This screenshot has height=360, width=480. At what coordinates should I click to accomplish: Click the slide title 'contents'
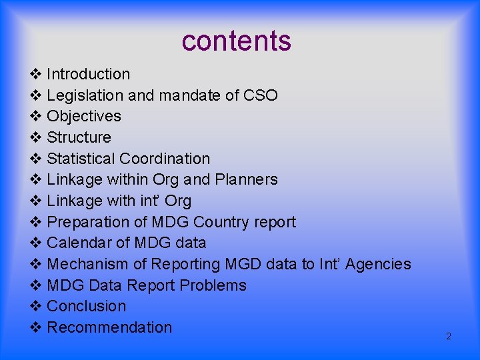coord(236,41)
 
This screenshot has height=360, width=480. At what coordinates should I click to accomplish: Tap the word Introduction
coord(88,74)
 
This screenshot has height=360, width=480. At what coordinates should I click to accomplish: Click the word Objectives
coord(84,116)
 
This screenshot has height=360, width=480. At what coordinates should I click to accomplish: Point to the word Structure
coord(79,137)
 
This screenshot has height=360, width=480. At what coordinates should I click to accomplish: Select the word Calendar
coord(81,243)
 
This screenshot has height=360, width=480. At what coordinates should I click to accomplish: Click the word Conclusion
coord(87,306)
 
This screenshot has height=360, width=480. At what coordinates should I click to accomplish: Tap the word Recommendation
coord(109,327)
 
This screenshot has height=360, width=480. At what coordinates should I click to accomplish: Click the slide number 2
coord(448,336)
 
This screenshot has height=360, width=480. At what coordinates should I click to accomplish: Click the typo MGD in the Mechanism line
coord(243,264)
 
